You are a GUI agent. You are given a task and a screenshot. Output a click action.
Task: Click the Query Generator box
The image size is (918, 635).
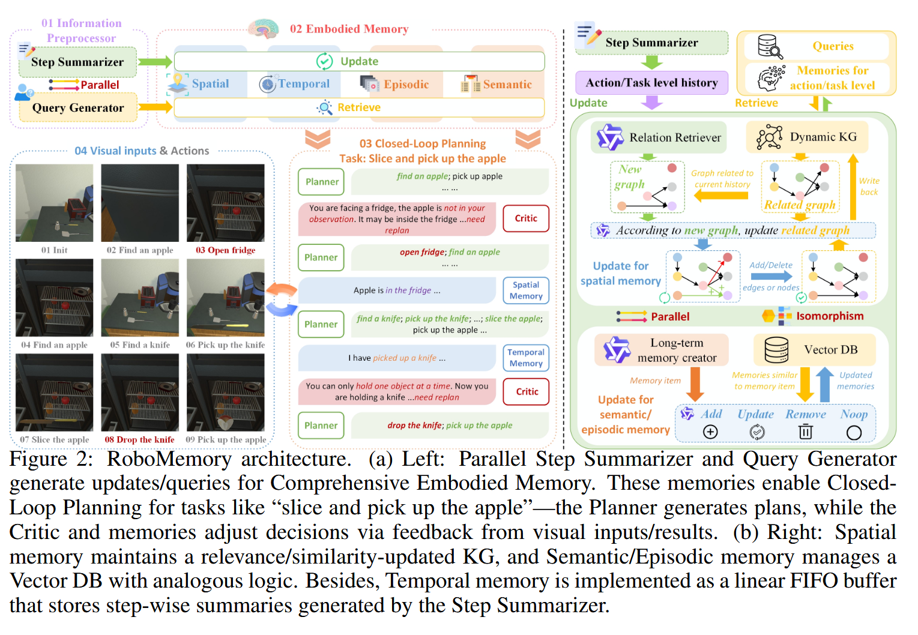78,108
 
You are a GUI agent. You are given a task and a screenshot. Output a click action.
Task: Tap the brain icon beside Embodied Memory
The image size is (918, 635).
264,28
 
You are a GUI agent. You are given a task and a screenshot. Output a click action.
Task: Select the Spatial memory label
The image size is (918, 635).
210,84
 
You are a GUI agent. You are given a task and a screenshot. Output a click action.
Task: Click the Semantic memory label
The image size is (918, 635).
507,85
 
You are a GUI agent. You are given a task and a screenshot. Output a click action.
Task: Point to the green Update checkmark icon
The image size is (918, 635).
324,61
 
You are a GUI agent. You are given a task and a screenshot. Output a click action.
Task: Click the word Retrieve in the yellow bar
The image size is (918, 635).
359,107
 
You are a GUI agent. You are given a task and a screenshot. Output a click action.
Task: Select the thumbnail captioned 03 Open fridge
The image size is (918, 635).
226,203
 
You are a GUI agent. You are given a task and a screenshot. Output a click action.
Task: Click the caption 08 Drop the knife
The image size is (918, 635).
139,439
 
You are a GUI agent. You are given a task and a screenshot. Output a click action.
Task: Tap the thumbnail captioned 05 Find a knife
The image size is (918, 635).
140,298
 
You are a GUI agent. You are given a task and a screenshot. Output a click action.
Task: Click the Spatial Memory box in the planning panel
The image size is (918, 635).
526,290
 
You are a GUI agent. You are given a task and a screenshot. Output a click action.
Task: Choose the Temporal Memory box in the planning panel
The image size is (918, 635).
526,358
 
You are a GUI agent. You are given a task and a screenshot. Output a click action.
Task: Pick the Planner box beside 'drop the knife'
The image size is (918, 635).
321,426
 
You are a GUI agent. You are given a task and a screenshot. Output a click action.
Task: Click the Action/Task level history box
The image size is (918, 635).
651,83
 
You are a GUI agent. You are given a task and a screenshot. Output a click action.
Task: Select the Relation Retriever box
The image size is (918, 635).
659,137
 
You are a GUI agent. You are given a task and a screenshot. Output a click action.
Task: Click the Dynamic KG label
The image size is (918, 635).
823,137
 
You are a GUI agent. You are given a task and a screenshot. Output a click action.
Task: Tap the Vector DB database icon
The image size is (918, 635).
776,350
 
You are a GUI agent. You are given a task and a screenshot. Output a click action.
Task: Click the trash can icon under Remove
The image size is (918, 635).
806,432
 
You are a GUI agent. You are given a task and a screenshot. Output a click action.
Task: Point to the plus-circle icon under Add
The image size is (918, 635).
710,432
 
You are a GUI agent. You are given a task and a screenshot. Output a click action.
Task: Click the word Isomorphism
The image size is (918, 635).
830,316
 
